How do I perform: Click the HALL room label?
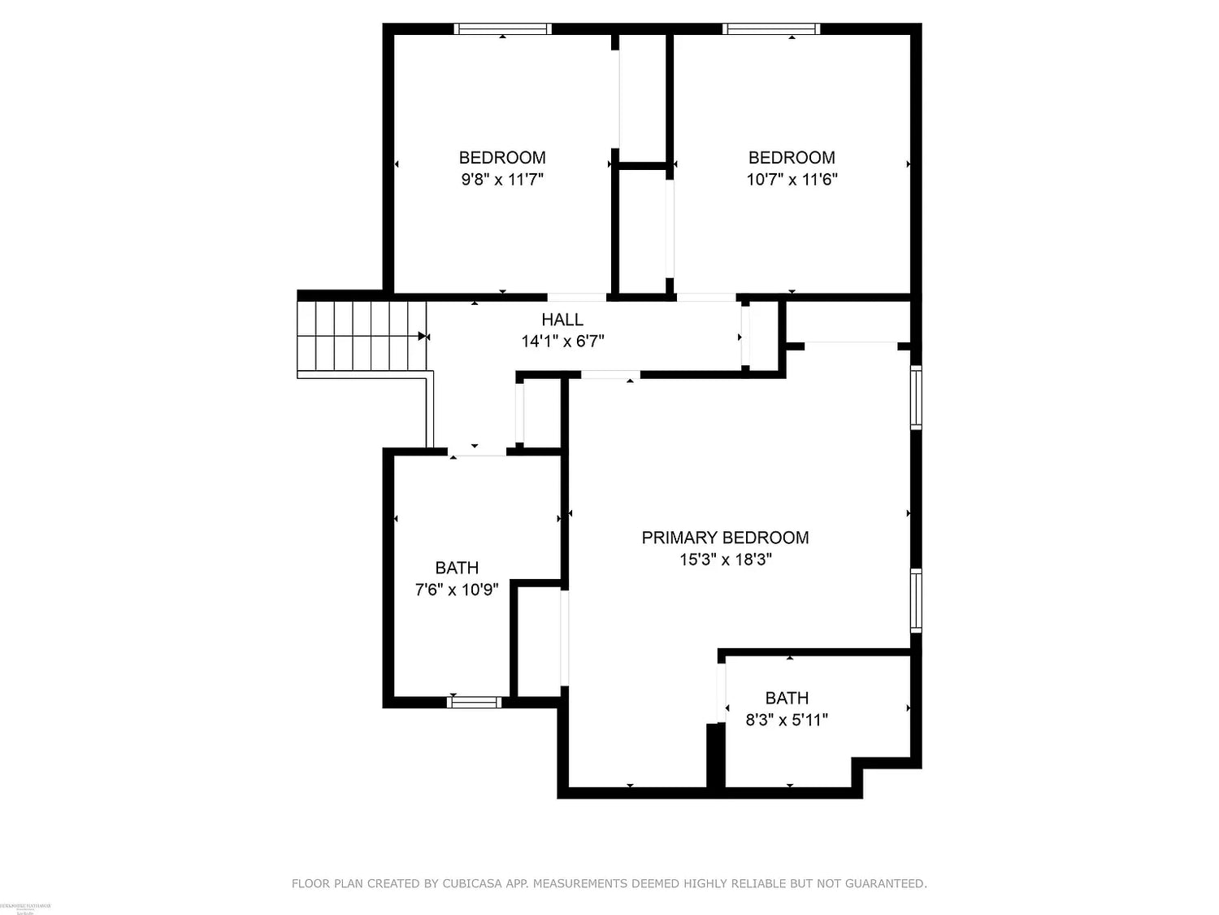click(562, 320)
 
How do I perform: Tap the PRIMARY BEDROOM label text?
click(725, 538)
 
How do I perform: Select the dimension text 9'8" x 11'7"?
click(502, 180)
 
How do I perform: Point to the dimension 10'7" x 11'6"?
click(792, 180)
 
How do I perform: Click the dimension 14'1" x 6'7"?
click(562, 342)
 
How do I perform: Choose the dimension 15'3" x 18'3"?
click(725, 560)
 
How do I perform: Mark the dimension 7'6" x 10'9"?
click(457, 590)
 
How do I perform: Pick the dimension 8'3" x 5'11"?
click(787, 720)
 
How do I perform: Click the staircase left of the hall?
click(362, 335)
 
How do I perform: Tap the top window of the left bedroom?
click(502, 29)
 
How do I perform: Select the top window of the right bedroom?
click(771, 29)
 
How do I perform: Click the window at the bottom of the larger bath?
click(475, 702)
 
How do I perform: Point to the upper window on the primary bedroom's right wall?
click(916, 398)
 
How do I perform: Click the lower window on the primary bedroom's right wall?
click(916, 601)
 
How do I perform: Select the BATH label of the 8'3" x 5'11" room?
click(787, 698)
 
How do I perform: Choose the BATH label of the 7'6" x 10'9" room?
click(457, 568)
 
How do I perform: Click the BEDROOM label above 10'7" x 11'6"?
click(792, 158)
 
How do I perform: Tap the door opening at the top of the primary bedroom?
click(610, 375)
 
